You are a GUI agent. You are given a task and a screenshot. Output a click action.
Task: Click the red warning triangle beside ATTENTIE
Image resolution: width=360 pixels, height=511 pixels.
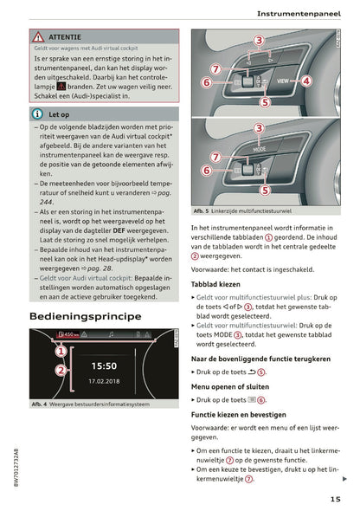(x=38, y=38)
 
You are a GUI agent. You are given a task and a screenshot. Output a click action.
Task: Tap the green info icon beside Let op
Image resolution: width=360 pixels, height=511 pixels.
(x=38, y=113)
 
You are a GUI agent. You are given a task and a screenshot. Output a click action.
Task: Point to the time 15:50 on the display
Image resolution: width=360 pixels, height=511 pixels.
(x=103, y=365)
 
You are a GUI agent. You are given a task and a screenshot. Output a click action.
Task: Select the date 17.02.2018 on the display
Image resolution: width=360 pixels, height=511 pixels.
(x=103, y=380)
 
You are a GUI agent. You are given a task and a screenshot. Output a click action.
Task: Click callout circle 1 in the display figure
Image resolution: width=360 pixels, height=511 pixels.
(x=61, y=352)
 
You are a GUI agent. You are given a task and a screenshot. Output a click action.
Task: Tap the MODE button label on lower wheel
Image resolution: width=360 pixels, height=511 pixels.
(x=260, y=148)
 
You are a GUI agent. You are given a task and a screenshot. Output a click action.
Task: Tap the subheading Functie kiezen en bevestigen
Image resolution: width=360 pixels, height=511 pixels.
(x=246, y=415)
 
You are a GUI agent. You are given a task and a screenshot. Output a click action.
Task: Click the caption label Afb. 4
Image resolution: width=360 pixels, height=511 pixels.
(x=40, y=404)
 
